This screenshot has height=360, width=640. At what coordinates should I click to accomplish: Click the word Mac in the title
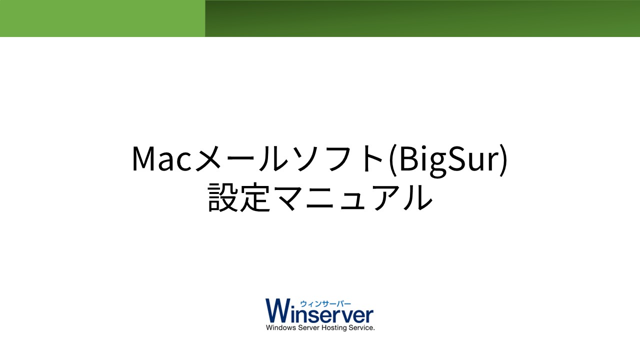click(x=161, y=159)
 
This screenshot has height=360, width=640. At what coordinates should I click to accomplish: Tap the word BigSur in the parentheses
click(x=449, y=160)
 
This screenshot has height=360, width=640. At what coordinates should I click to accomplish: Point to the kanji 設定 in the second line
click(x=239, y=197)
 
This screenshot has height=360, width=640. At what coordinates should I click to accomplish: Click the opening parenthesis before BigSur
click(x=393, y=160)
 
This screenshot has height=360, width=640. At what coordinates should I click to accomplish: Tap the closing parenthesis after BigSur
click(x=503, y=160)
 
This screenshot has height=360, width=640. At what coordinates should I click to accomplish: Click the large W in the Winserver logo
click(x=279, y=310)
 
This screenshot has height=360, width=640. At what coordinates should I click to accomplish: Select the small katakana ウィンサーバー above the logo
click(x=325, y=304)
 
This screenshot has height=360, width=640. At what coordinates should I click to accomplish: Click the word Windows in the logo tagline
click(x=281, y=327)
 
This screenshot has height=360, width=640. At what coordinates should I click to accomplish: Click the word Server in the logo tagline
click(x=308, y=327)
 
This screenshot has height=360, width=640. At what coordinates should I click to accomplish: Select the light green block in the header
click(x=102, y=18)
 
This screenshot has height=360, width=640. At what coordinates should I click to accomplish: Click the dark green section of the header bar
click(x=422, y=18)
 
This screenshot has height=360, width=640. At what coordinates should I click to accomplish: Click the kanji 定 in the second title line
click(x=255, y=197)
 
